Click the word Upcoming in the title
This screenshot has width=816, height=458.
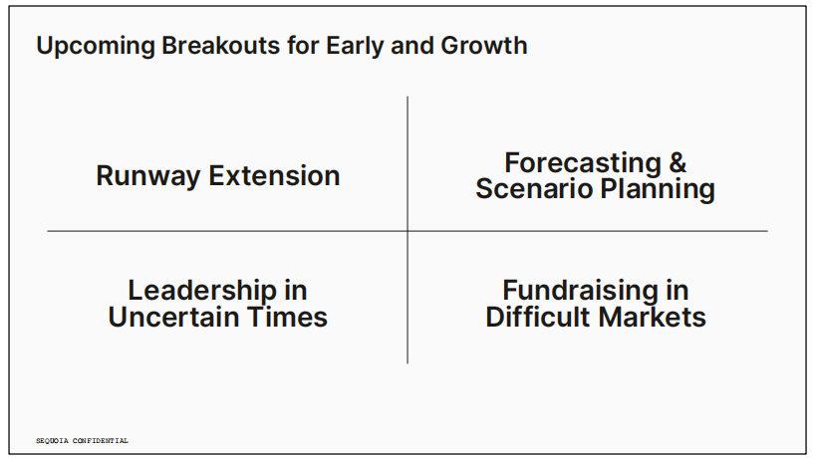[96, 46]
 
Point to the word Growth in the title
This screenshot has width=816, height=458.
[484, 45]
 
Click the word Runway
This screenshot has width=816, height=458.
[148, 177]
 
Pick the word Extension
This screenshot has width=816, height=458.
[274, 175]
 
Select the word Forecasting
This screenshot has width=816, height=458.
[582, 163]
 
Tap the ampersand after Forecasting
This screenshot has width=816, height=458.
[678, 162]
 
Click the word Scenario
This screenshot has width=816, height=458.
[534, 188]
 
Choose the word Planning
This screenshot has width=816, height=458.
[658, 189]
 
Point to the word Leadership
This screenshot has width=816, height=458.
[202, 291]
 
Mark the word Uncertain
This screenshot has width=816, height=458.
[173, 318]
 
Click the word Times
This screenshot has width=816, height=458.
[287, 318]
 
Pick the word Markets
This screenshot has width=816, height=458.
[651, 318]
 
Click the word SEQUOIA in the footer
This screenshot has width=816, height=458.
[52, 441]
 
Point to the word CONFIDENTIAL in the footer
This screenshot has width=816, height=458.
[101, 441]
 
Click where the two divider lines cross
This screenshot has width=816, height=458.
[408, 231]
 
